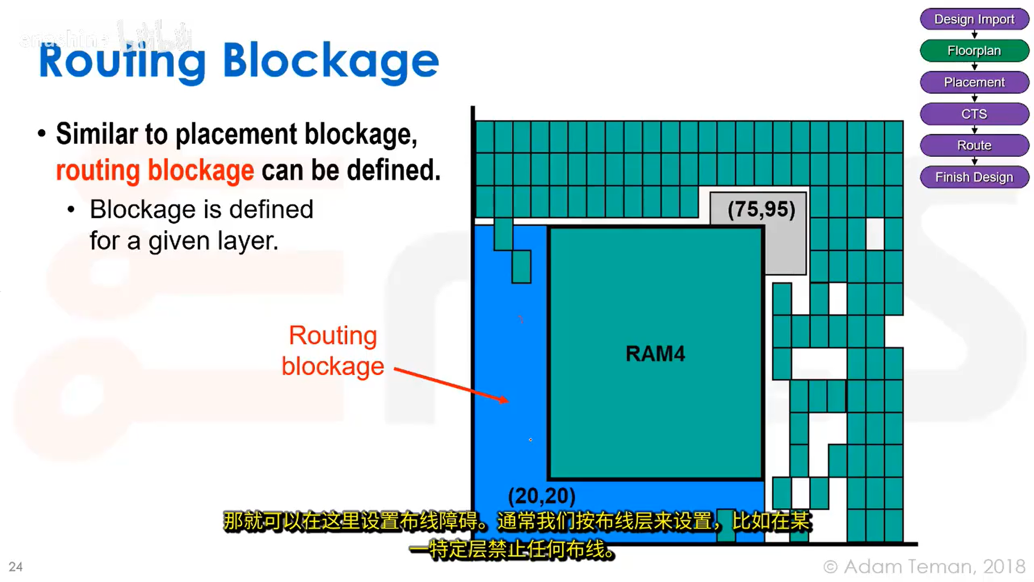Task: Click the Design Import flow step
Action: (974, 19)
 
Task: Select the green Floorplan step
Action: (974, 51)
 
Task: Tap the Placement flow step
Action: (974, 82)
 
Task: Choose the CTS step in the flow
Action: (974, 114)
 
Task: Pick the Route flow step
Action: (974, 145)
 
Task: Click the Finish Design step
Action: (974, 177)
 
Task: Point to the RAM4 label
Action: (655, 354)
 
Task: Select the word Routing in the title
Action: (122, 63)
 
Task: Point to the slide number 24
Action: (16, 567)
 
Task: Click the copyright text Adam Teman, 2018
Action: (924, 566)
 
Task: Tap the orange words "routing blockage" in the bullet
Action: (155, 171)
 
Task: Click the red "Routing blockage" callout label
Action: (333, 351)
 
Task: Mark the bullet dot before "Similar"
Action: (42, 134)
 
